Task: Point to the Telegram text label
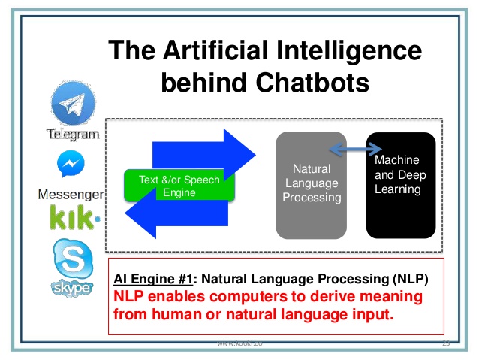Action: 74,135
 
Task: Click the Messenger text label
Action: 71,195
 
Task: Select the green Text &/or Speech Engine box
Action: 179,186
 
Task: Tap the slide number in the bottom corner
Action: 445,343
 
